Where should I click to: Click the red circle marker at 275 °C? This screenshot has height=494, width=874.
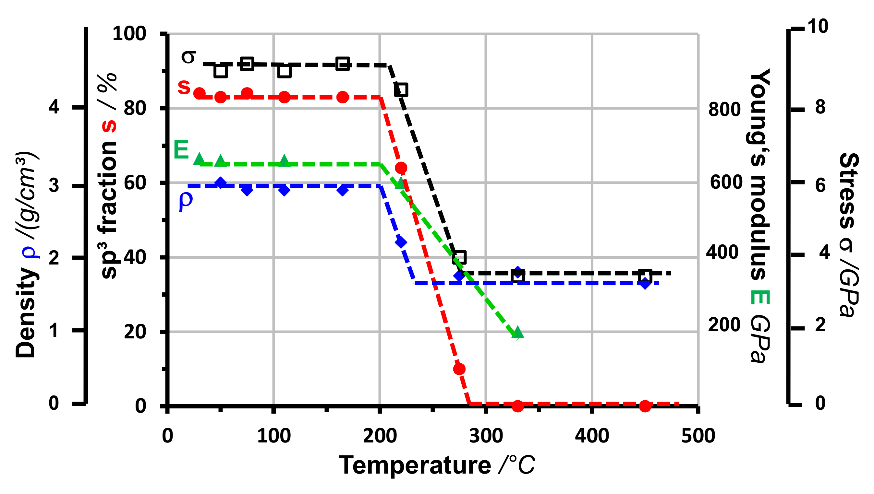pos(459,369)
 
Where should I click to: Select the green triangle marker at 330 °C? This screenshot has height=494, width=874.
pos(518,333)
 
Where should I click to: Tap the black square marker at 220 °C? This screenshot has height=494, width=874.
pos(401,90)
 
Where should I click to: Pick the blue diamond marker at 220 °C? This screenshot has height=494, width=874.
pos(401,242)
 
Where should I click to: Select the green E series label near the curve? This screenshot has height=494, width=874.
pos(181,150)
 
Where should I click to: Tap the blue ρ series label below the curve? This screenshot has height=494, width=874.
pos(185,200)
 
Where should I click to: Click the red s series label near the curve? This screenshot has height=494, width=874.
pos(184,87)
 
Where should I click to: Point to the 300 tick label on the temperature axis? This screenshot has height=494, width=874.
pos(486,436)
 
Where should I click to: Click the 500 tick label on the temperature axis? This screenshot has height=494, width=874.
pos(698,436)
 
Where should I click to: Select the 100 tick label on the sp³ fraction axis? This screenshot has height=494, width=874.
pos(129,34)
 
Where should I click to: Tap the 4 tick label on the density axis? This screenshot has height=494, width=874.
pos(54,107)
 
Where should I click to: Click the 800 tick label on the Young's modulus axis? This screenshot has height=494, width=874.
pos(724,109)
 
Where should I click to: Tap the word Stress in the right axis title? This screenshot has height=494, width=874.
pos(849,190)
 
